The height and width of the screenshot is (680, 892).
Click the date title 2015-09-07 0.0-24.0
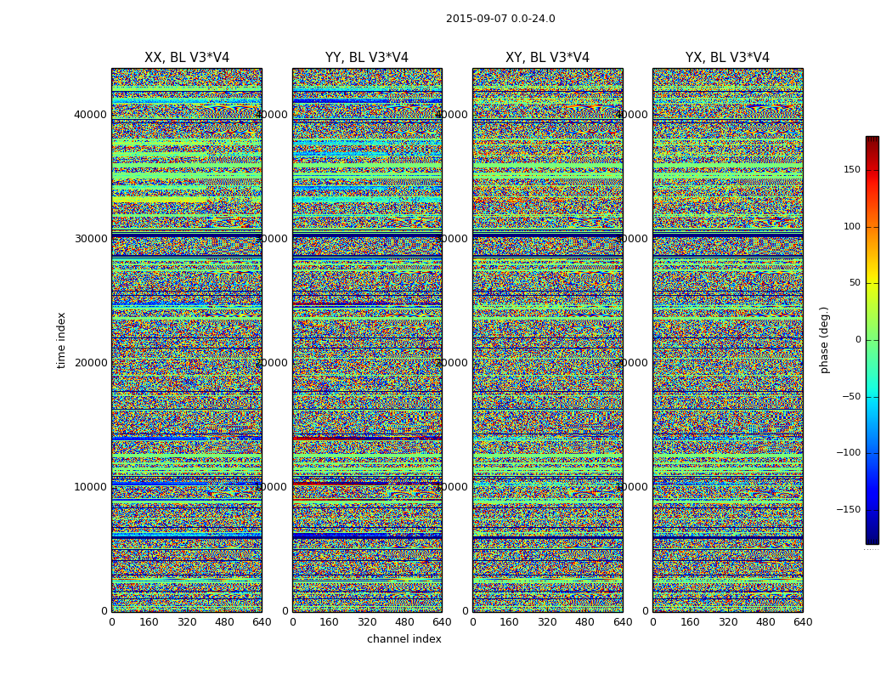point(500,19)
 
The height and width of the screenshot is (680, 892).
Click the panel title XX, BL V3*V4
point(187,58)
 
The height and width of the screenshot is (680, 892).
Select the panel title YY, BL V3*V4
point(367,58)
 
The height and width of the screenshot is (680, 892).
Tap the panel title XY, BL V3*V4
point(547,58)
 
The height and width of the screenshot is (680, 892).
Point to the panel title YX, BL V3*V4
point(727,58)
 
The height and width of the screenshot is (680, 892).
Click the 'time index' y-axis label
point(61,339)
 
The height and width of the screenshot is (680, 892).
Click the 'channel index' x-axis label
point(404,639)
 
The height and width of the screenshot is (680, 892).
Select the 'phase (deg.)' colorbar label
point(825,339)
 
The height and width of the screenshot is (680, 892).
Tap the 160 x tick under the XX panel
point(149,622)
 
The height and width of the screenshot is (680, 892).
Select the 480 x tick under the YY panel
point(404,622)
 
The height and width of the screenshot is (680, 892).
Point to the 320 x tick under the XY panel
point(547,622)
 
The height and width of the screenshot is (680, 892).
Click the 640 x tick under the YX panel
point(803,622)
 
